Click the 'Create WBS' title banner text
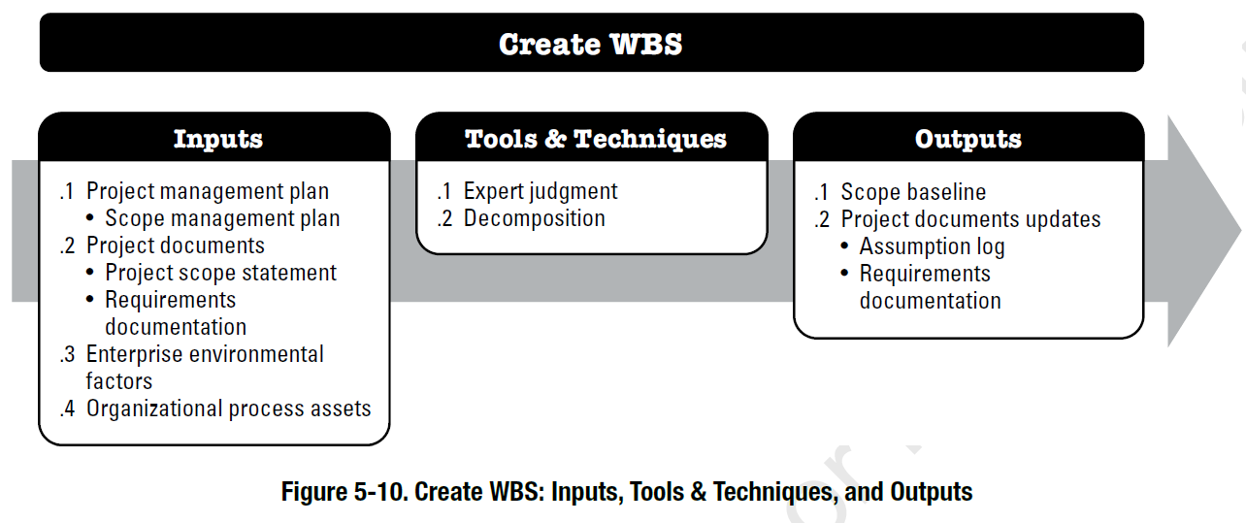click(x=590, y=44)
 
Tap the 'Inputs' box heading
click(x=218, y=139)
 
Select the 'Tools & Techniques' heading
click(x=596, y=139)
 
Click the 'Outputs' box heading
click(x=968, y=139)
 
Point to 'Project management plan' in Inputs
click(x=208, y=191)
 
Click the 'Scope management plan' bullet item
click(x=222, y=218)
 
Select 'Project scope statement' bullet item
click(x=221, y=273)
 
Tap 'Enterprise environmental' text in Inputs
click(x=205, y=354)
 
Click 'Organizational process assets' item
click(x=229, y=409)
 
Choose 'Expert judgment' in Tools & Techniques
click(x=541, y=191)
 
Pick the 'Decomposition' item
click(x=535, y=218)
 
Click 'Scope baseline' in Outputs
click(x=913, y=192)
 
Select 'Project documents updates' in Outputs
click(x=970, y=219)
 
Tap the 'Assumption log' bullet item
click(x=933, y=246)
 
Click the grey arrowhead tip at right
click(x=1240, y=231)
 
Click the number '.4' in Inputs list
click(x=67, y=409)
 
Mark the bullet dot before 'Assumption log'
click(x=845, y=245)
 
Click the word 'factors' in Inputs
click(x=119, y=381)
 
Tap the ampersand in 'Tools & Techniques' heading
click(x=555, y=139)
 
